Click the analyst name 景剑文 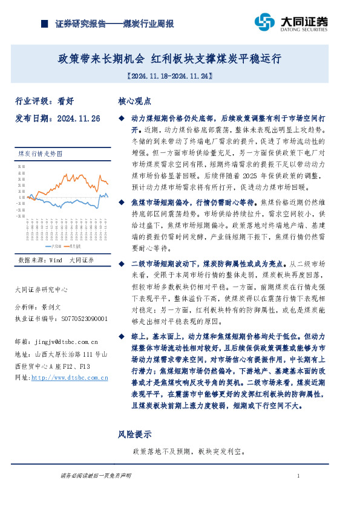pyautogui.click(x=51, y=307)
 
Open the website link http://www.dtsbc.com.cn pyautogui.click(x=69, y=377)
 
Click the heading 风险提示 pyautogui.click(x=134, y=434)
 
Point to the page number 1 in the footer pyautogui.click(x=299, y=477)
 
